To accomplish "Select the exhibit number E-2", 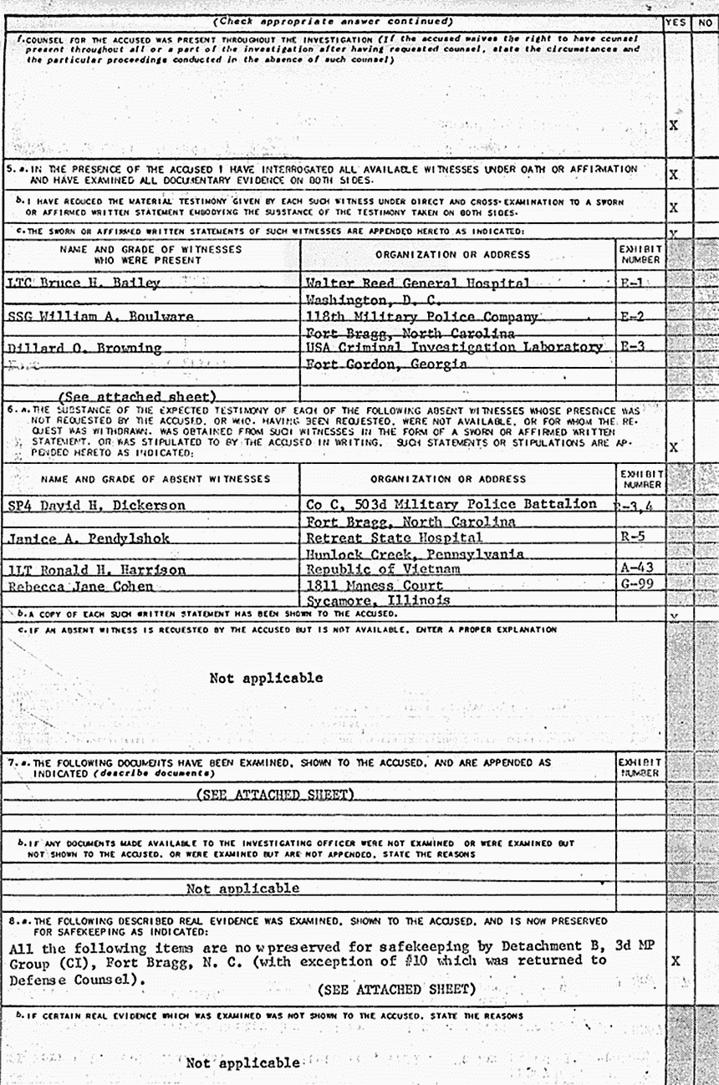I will [x=631, y=316].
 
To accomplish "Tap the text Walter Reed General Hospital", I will [x=417, y=283].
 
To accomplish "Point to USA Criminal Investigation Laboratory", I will [x=453, y=347].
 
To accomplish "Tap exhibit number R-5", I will [x=632, y=537].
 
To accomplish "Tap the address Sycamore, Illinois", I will [x=378, y=600].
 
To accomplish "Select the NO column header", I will [x=704, y=23].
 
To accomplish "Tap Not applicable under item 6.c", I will [x=266, y=678].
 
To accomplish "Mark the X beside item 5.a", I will [x=674, y=175].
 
